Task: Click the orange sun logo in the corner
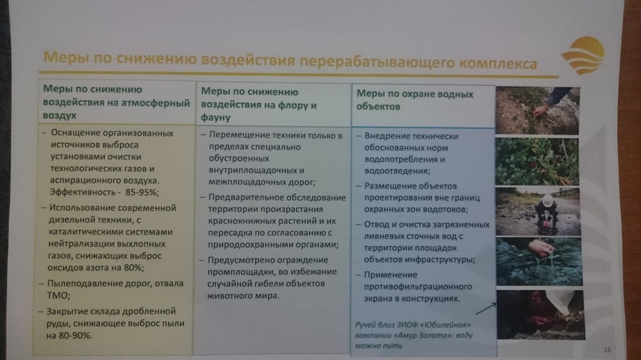click(x=583, y=56)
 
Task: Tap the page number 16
click(x=607, y=349)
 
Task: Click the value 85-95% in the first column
click(x=142, y=192)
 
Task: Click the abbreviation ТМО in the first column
click(x=58, y=295)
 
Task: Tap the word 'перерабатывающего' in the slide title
click(x=377, y=62)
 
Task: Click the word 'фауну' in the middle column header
click(x=215, y=118)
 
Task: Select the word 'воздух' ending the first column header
click(x=60, y=115)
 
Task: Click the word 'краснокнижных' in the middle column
click(x=243, y=221)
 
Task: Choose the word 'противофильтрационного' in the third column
click(x=418, y=287)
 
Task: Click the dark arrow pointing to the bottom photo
click(x=486, y=309)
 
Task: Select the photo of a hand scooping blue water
click(x=539, y=261)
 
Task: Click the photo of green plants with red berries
click(x=537, y=162)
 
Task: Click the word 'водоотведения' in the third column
click(x=396, y=171)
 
